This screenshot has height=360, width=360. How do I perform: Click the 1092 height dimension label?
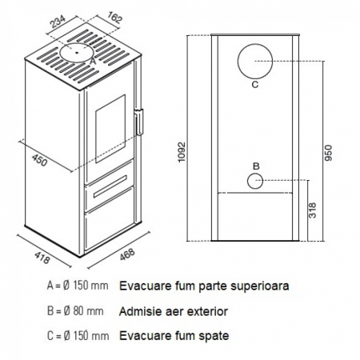(x=182, y=152)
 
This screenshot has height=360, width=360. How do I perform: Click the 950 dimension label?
(x=329, y=153)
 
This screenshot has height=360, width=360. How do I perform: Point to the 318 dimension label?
(x=313, y=210)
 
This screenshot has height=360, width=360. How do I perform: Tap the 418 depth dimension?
(x=42, y=258)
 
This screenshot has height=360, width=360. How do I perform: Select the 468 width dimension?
(x=127, y=254)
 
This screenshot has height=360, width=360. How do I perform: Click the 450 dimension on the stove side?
(x=39, y=160)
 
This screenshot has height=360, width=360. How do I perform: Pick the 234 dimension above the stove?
(x=58, y=22)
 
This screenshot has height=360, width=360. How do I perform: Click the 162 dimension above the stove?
(x=115, y=18)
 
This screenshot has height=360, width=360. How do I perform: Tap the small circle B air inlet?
(x=247, y=181)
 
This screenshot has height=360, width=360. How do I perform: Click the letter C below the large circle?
(x=255, y=85)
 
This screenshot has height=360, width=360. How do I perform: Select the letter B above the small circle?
(x=256, y=166)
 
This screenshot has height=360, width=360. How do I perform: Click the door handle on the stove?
(x=139, y=122)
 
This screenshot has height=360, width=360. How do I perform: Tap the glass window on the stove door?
(x=110, y=129)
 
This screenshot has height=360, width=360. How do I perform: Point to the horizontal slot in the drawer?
(x=110, y=186)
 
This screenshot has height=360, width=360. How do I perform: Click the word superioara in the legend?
(x=260, y=286)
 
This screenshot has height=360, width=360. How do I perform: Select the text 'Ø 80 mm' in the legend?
(x=84, y=311)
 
